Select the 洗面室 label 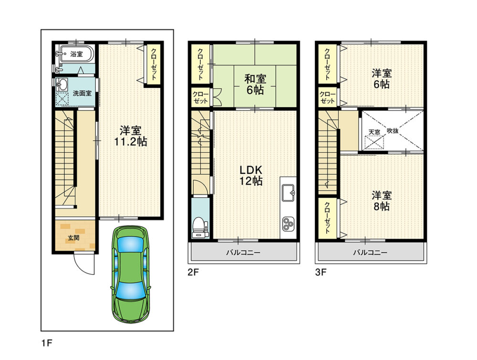pos(82,94)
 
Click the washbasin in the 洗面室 pos(63,85)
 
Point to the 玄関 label pos(73,238)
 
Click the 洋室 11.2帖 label pos(130,136)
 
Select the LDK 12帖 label pos(251,175)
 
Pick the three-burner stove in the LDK pos(288,224)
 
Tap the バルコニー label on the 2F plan pos(243,253)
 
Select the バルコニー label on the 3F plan pos(370,253)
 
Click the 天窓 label pos(374,132)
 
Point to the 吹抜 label pos(393,130)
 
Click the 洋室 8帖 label pos(381,201)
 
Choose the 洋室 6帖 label pos(381,79)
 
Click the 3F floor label pos(321,272)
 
